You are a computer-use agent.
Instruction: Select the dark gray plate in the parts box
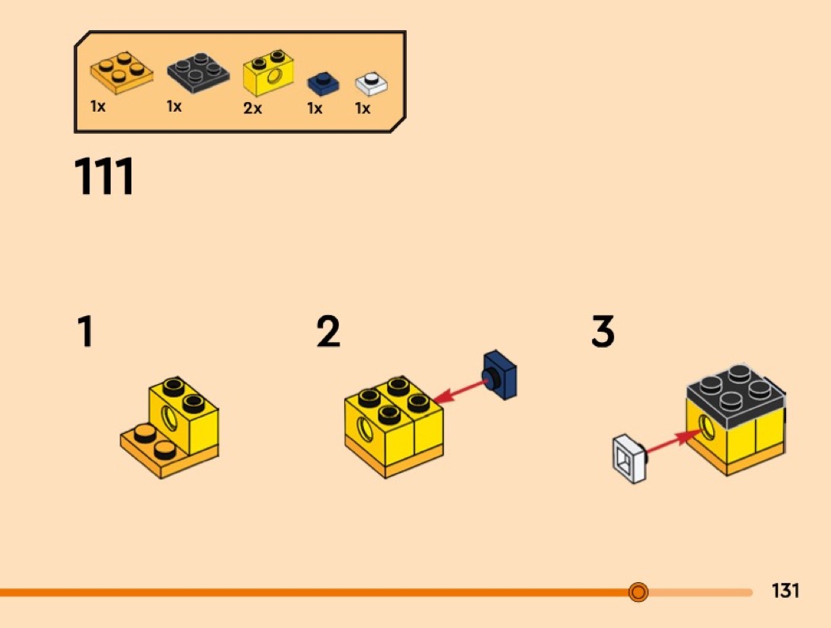tap(199, 74)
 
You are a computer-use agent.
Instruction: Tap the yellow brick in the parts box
tap(268, 72)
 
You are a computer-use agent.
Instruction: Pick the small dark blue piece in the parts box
tap(321, 82)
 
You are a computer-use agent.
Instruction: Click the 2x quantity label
tap(252, 108)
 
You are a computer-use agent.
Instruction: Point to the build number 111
tap(104, 177)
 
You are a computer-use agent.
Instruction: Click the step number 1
tap(84, 333)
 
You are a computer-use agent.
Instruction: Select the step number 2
tap(328, 333)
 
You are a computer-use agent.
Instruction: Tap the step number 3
tap(603, 333)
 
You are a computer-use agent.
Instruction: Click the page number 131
tap(785, 591)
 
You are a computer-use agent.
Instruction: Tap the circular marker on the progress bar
tap(638, 592)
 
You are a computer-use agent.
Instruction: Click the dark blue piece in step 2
tap(500, 374)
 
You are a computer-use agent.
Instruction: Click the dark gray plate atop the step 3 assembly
tap(736, 390)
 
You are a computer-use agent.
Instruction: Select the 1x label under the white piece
tap(362, 108)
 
